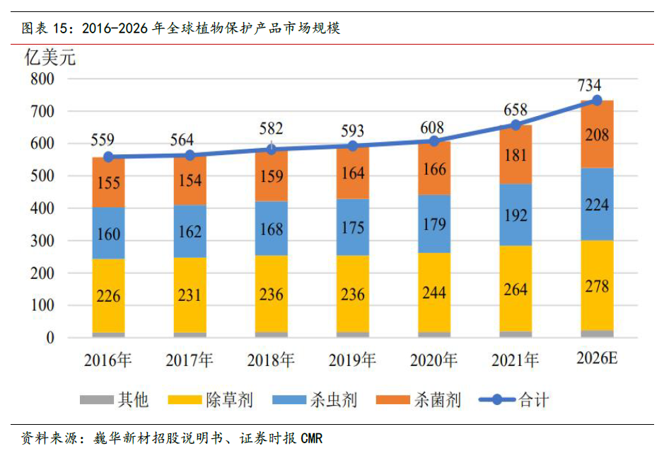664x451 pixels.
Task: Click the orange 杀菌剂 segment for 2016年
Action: coord(108,183)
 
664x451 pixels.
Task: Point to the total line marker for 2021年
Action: coord(516,125)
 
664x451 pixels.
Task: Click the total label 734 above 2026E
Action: coord(589,86)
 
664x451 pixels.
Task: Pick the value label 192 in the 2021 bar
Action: coord(516,215)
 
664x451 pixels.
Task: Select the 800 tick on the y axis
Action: coord(43,79)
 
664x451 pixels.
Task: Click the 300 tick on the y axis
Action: coord(43,241)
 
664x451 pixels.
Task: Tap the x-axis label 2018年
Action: coord(271,360)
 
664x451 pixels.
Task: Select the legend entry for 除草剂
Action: coord(213,400)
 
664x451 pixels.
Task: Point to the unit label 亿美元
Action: coord(50,58)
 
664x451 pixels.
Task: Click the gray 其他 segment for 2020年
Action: coord(434,334)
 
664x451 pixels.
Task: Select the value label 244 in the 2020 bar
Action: coord(434,292)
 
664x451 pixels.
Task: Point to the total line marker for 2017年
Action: coord(190,155)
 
